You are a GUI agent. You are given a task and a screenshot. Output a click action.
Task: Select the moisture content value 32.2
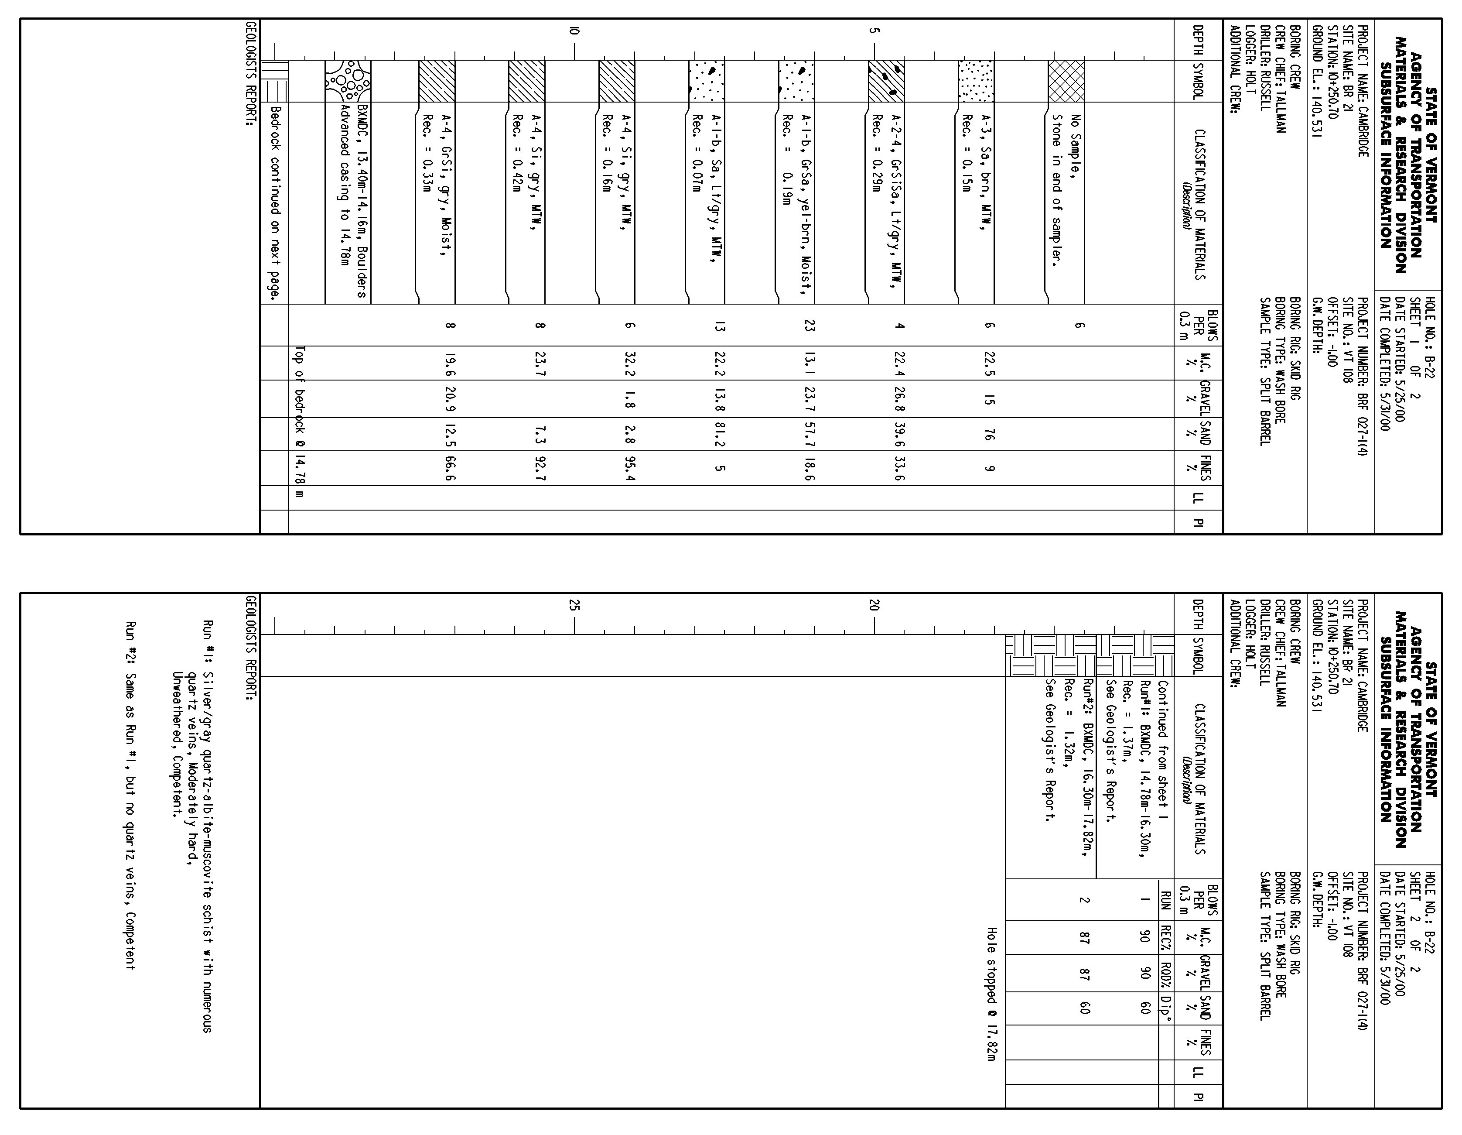coord(629,363)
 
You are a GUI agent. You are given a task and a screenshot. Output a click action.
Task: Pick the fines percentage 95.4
coord(629,468)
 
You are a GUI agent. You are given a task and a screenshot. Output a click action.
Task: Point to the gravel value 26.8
coord(898,399)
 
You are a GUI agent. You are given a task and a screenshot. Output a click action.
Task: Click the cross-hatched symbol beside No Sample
coord(1066,81)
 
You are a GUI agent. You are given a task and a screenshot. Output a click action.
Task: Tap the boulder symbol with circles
coord(348,81)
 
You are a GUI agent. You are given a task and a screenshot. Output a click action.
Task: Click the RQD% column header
coord(1166,972)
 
